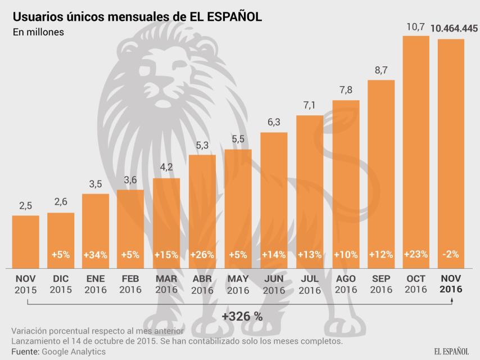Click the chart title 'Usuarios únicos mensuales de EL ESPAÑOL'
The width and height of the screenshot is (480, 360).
point(137,16)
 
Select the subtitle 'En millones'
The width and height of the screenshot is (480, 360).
point(38,32)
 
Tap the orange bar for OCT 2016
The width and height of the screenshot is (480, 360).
point(416,152)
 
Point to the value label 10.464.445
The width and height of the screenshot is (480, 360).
point(455,28)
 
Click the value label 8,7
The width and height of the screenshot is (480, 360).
point(381,71)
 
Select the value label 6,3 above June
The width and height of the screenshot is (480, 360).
point(274,123)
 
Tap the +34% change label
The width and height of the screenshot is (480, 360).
point(96,254)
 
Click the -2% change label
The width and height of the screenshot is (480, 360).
point(451,254)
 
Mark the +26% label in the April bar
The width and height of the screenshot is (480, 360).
point(202,254)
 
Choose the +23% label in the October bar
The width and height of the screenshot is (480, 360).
point(416,254)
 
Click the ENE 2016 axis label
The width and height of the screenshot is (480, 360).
point(96,284)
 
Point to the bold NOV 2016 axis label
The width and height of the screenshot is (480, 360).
point(451,284)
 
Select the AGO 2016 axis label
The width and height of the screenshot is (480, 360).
point(346,284)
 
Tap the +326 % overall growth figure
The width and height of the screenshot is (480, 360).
point(242,316)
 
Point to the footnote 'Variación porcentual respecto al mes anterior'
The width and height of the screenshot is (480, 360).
point(97,331)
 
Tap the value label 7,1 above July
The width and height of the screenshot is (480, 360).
point(310,106)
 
